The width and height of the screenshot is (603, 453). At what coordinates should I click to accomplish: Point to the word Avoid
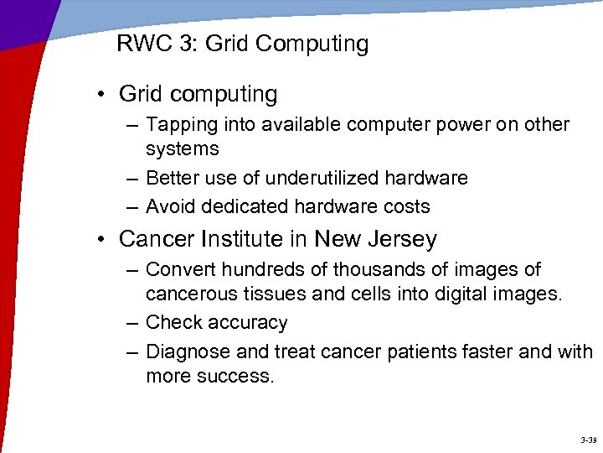(x=169, y=206)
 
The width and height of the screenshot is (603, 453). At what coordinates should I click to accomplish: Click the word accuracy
(x=250, y=323)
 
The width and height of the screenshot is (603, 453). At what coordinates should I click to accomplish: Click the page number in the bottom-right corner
(x=587, y=440)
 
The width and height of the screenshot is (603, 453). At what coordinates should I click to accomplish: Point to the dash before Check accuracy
(x=133, y=323)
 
